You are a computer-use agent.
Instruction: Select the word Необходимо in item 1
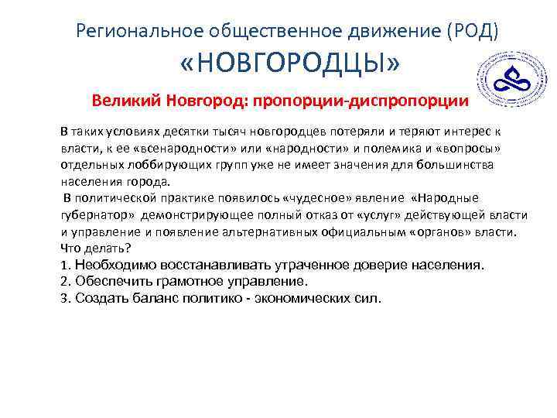112,265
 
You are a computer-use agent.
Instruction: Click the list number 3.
64,298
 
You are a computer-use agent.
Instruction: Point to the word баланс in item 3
163,298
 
